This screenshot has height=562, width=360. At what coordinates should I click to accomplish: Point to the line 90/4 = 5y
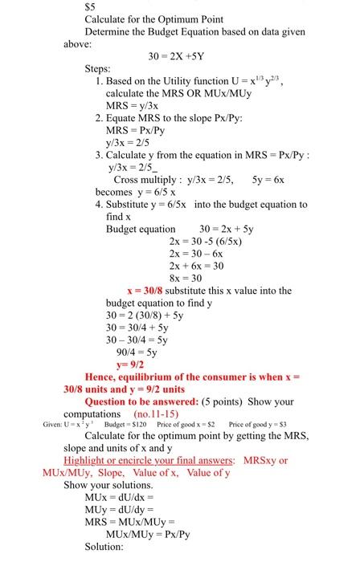[135, 349]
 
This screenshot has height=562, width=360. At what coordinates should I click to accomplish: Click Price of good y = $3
[264, 426]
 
